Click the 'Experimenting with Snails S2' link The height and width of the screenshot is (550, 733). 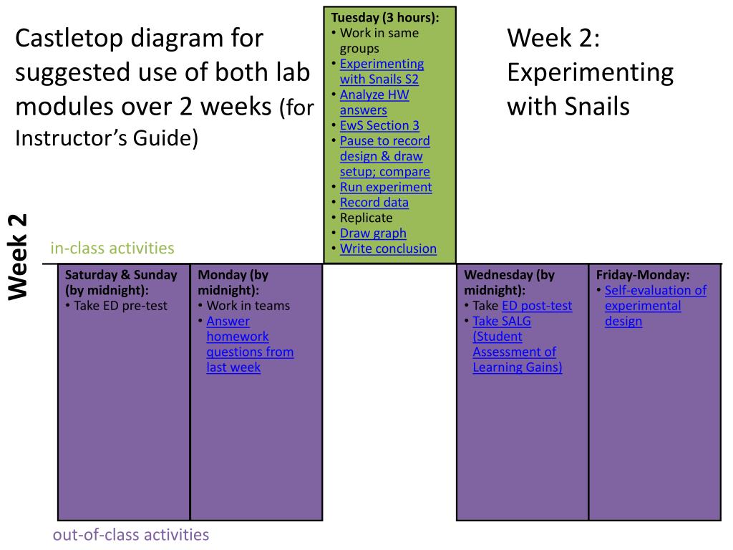tap(382, 71)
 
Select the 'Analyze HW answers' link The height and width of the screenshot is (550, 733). tap(374, 102)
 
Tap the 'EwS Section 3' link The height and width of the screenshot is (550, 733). tap(379, 125)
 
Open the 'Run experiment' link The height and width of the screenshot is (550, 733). tap(386, 187)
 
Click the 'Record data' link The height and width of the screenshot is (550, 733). tap(374, 202)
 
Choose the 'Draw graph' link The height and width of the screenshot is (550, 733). tap(373, 233)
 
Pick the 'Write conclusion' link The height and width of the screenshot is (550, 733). tap(388, 249)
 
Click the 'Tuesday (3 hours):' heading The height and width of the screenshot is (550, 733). tap(385, 17)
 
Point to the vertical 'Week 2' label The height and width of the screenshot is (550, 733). tap(18, 256)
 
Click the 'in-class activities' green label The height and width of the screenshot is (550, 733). tap(112, 249)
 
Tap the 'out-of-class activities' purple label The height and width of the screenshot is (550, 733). tap(131, 534)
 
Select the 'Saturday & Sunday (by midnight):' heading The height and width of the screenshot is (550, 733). tap(121, 282)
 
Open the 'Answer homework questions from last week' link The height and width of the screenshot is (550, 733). tap(250, 344)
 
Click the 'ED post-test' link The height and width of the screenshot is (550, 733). tap(537, 306)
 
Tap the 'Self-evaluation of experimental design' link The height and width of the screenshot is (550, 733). tap(655, 306)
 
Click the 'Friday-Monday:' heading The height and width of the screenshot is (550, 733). tap(643, 275)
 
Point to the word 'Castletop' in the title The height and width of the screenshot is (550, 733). tap(71, 38)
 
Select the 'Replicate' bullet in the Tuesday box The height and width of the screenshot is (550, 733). tap(366, 218)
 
